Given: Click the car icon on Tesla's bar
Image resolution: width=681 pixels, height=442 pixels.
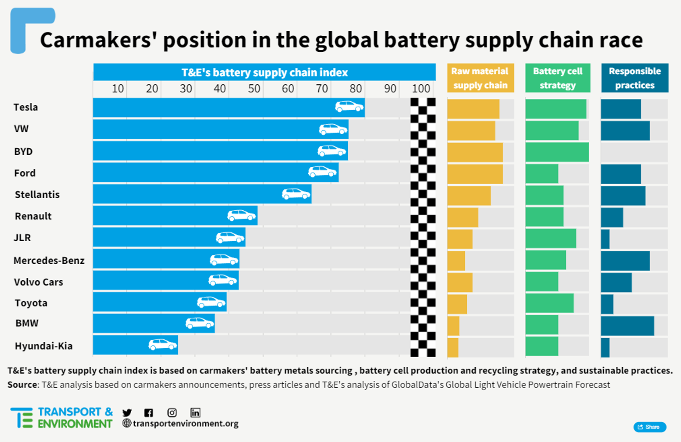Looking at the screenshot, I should coord(349,107).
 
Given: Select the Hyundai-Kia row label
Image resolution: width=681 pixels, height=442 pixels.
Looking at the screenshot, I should coord(44,346).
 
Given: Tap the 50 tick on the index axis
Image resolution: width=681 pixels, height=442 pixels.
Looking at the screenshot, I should coord(254,88).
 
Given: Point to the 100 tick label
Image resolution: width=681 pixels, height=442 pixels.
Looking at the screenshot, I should coord(421,88).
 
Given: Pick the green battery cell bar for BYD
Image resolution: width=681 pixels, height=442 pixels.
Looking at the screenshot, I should coord(557,152).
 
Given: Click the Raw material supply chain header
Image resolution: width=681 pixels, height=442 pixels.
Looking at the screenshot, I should coord(480,78).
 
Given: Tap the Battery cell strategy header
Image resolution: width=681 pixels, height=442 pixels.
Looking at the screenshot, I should coord(558,78).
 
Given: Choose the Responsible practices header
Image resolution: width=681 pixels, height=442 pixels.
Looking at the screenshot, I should coord(635,78).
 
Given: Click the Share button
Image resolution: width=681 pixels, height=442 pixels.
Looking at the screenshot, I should coord(650,427).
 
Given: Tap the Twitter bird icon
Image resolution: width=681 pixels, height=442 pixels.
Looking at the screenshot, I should coord(127,413).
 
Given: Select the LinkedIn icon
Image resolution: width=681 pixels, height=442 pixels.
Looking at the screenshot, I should coord(195,413).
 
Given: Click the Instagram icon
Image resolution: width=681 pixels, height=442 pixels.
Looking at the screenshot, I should coord(172,413).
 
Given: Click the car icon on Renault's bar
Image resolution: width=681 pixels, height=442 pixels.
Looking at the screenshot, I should coord(242,215).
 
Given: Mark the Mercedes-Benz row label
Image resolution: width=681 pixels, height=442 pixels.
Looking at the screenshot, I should coord(49,261).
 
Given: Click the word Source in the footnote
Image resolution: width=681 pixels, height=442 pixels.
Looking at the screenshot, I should coord(22,385).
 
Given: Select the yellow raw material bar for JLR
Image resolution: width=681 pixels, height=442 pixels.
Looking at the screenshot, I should coord(460,239).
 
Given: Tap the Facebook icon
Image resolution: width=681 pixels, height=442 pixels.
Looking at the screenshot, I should coord(149,413).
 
